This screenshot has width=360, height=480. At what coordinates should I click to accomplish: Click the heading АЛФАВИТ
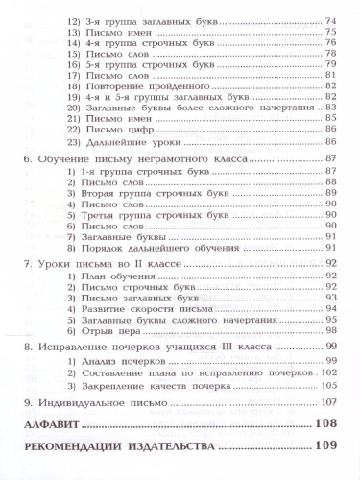(x=51, y=424)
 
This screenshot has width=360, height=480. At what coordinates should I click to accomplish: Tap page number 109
(x=326, y=447)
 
